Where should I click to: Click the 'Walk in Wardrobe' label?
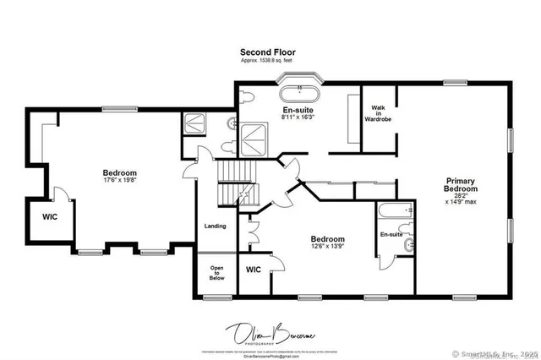click(x=378, y=113)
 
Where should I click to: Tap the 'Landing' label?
click(x=216, y=226)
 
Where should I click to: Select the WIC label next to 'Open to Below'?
click(x=254, y=270)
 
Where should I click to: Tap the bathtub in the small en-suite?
click(x=396, y=211)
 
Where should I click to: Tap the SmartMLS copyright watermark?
click(x=495, y=353)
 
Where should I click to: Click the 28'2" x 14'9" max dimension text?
click(x=461, y=200)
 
